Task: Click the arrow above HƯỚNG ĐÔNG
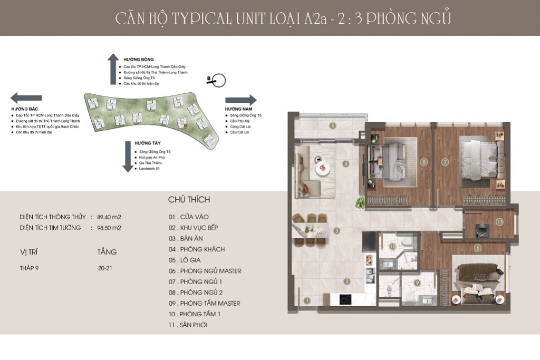point(113,69)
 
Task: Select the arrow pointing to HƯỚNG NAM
point(240,100)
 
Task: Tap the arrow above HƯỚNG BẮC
point(26,98)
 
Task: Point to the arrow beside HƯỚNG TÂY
point(128,157)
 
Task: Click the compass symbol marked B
point(217,81)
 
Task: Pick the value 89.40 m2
point(109,217)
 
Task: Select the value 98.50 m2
point(109,228)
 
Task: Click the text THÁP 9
point(30,268)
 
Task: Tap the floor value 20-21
point(105,268)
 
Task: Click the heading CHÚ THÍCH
point(189,200)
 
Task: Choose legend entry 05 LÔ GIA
point(185,260)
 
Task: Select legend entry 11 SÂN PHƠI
point(188,325)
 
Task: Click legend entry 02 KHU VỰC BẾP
point(193,228)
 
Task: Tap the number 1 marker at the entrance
point(307,300)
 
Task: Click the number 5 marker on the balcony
point(333,125)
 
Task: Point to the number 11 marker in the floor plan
point(499,222)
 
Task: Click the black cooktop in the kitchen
point(345,299)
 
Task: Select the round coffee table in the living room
point(322,168)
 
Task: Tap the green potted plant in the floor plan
point(360,202)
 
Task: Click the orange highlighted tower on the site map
point(186,126)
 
